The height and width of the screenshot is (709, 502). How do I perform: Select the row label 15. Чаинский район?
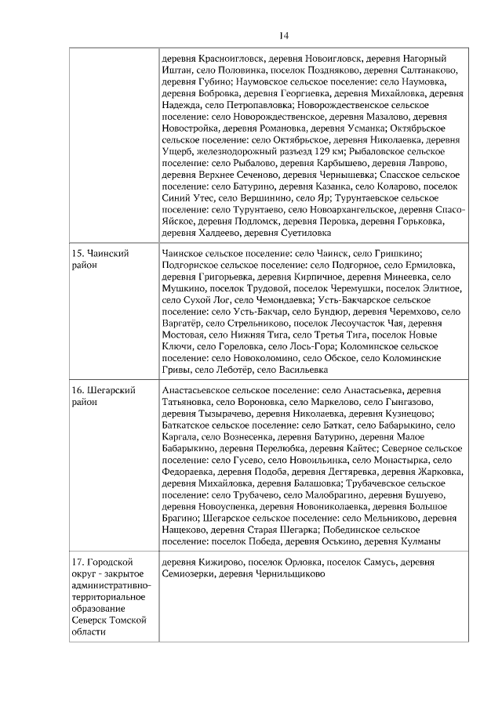click(100, 260)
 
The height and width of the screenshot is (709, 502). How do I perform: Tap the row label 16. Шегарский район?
click(104, 396)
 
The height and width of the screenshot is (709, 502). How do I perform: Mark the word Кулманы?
click(419, 542)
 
